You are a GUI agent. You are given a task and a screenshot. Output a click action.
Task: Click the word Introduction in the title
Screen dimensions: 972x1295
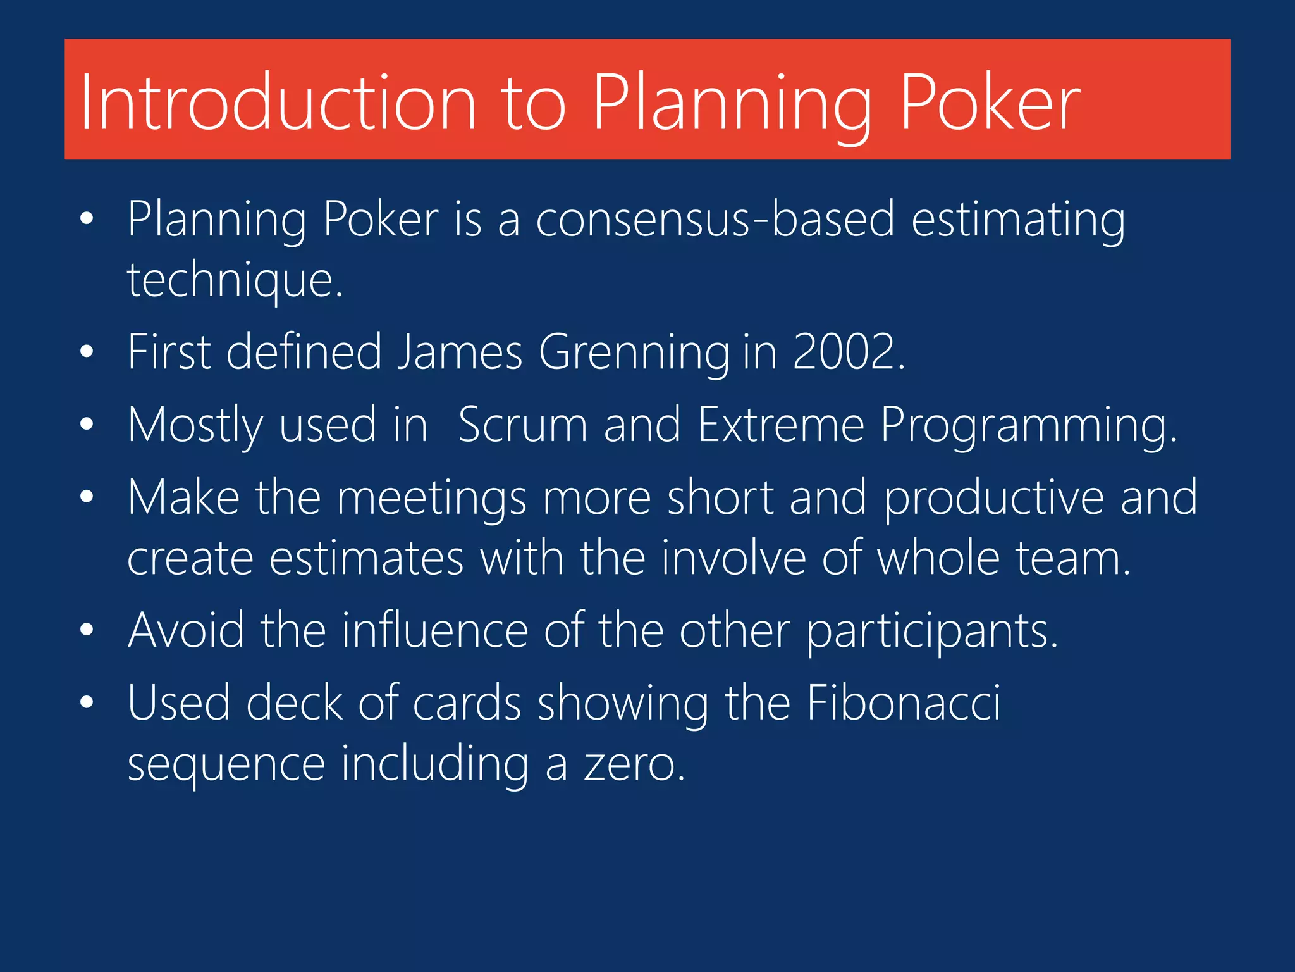(278, 103)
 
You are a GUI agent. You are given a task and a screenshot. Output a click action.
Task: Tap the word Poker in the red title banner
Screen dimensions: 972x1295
(990, 103)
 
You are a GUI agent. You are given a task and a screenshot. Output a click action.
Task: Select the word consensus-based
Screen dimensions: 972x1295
(715, 219)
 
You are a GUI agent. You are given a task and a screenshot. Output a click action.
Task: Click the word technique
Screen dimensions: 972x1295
(235, 280)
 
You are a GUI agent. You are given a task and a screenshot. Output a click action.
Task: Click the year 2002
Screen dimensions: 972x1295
(848, 352)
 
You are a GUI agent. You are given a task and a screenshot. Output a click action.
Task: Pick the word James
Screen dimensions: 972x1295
(460, 352)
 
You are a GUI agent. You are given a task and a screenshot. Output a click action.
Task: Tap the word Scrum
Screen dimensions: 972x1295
(523, 425)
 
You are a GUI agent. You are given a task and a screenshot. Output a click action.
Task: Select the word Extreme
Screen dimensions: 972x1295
(781, 425)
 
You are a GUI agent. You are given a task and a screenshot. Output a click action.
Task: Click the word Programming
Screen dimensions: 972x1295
(1028, 426)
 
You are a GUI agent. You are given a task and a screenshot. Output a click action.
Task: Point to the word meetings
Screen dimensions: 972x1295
(431, 498)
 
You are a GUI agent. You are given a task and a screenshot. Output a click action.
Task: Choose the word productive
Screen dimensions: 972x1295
(993, 498)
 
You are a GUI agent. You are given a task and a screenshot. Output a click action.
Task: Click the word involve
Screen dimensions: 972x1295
(733, 558)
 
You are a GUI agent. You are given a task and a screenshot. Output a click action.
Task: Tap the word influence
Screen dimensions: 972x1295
(435, 630)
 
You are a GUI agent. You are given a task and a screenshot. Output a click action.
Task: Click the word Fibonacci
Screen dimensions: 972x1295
(904, 703)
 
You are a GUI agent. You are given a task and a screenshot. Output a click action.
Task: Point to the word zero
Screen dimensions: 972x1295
(634, 764)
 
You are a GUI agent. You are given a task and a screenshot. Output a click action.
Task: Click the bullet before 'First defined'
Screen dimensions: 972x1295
(87, 352)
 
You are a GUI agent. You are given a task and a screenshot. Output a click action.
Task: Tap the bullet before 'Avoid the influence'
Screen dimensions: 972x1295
(87, 630)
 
